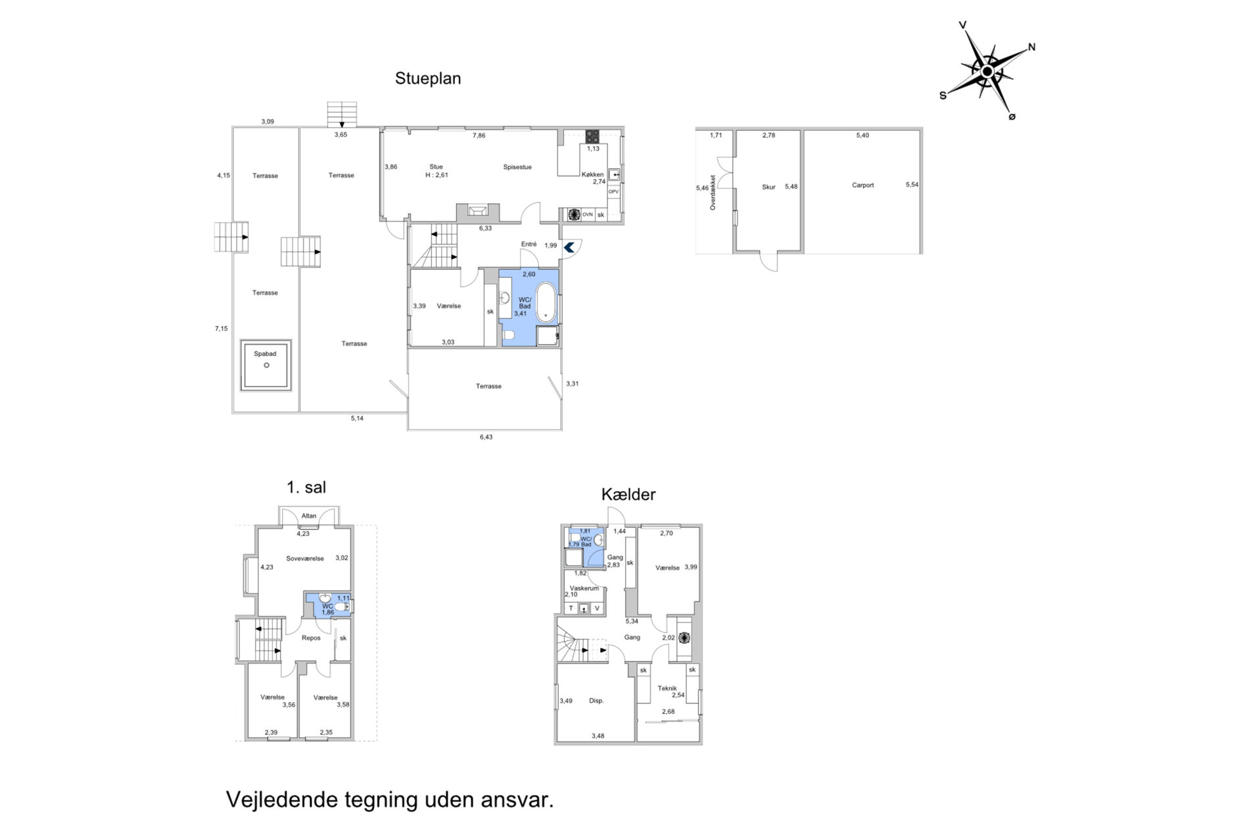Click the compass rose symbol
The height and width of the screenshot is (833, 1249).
click(x=987, y=71)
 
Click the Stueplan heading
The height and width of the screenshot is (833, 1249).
click(x=428, y=78)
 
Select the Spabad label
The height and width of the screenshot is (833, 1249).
click(x=266, y=354)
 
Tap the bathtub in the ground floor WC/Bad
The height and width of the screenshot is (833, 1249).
click(x=546, y=302)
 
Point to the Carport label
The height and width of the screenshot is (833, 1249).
click(x=863, y=185)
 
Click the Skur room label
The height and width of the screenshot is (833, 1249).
click(x=768, y=187)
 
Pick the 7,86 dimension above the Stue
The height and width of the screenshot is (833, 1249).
click(x=479, y=135)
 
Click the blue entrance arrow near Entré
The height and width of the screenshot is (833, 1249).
click(x=569, y=247)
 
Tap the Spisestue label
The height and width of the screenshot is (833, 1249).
click(x=517, y=167)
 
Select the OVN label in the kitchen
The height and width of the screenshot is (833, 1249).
click(x=587, y=214)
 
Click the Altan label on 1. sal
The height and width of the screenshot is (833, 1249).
click(x=309, y=516)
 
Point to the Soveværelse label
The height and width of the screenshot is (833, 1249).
click(x=305, y=558)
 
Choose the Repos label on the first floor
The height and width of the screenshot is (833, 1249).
click(x=311, y=638)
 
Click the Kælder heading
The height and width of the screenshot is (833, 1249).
click(x=628, y=494)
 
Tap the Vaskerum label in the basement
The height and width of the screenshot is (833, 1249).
click(x=584, y=588)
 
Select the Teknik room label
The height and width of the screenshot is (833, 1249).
click(x=667, y=688)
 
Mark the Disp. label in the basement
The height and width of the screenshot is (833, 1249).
click(x=596, y=701)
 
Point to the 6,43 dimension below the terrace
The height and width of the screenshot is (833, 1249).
click(x=486, y=437)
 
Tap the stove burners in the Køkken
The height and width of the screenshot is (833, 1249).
click(x=592, y=136)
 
